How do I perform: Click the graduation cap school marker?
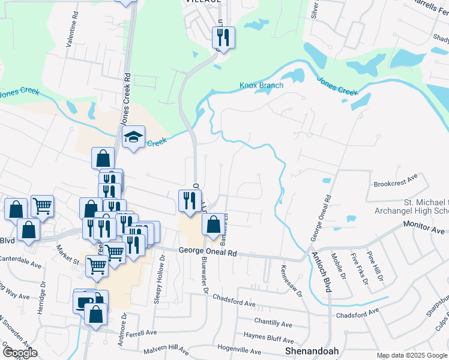click(x=134, y=137)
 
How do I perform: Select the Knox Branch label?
click(x=261, y=85)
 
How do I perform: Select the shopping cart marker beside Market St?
click(x=97, y=265)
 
